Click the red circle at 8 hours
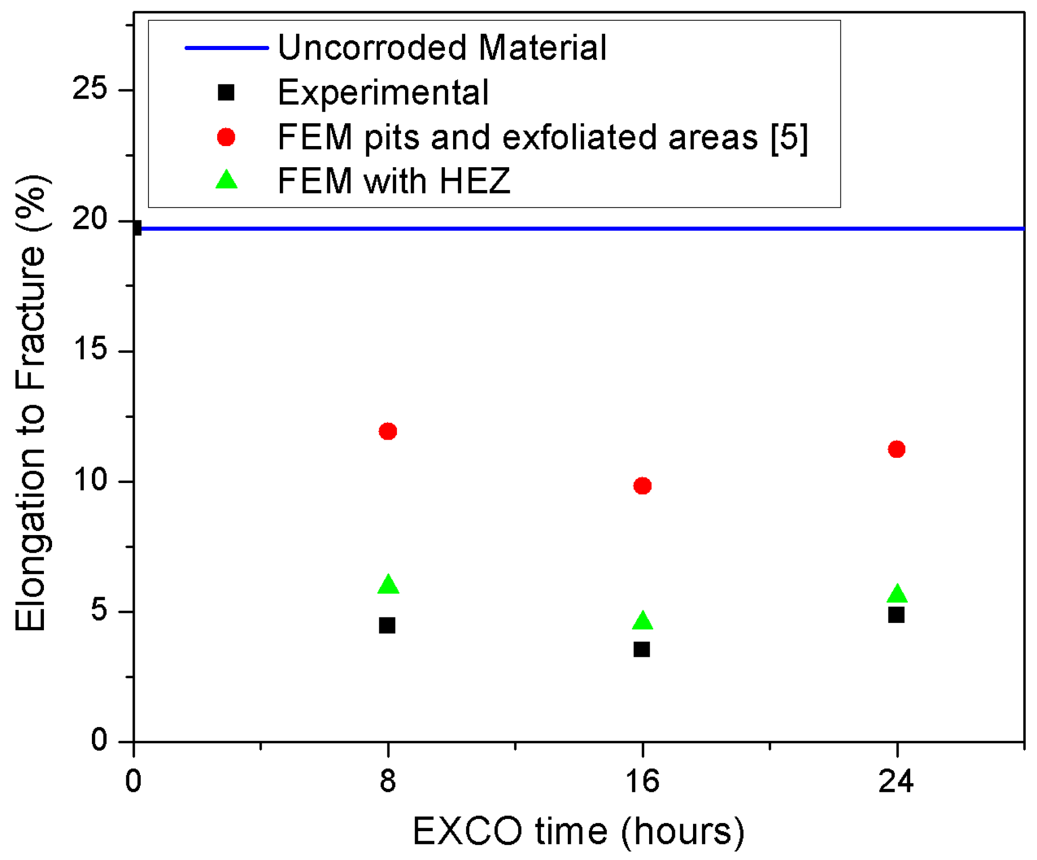[x=387, y=431]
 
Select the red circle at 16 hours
[x=642, y=486]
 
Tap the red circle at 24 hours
[x=897, y=449]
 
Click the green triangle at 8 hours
[x=388, y=585]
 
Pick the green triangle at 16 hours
[x=643, y=621]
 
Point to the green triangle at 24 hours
[x=897, y=594]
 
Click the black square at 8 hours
[x=387, y=626]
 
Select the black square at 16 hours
[x=641, y=649]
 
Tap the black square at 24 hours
[x=896, y=615]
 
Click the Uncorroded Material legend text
[x=442, y=47]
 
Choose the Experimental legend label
[x=383, y=92]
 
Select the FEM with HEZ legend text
[x=394, y=181]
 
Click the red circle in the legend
[x=226, y=137]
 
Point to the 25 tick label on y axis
[x=90, y=89]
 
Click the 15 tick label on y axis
[x=90, y=350]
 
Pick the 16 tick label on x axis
[x=642, y=781]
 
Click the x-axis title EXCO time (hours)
[x=578, y=832]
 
